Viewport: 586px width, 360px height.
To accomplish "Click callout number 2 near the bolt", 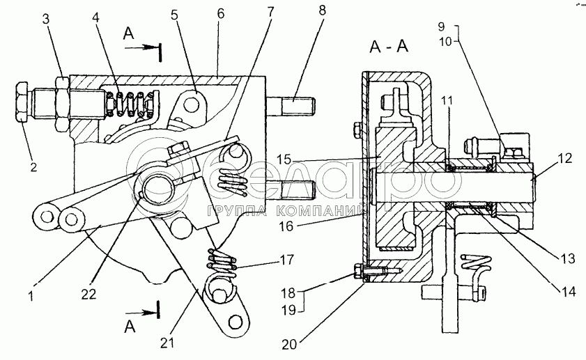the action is (33, 166).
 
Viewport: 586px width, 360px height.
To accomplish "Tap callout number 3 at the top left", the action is (45, 19).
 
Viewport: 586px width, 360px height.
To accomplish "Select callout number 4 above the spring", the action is (96, 17).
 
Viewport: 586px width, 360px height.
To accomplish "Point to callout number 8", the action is (322, 10).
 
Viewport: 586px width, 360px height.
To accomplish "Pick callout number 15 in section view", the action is (284, 159).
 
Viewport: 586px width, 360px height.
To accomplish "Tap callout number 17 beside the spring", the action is (286, 260).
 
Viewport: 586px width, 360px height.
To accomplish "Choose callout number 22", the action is (89, 294).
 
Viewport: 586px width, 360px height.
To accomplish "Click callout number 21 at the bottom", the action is (167, 342).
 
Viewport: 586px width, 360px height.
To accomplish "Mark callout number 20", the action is (289, 344).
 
